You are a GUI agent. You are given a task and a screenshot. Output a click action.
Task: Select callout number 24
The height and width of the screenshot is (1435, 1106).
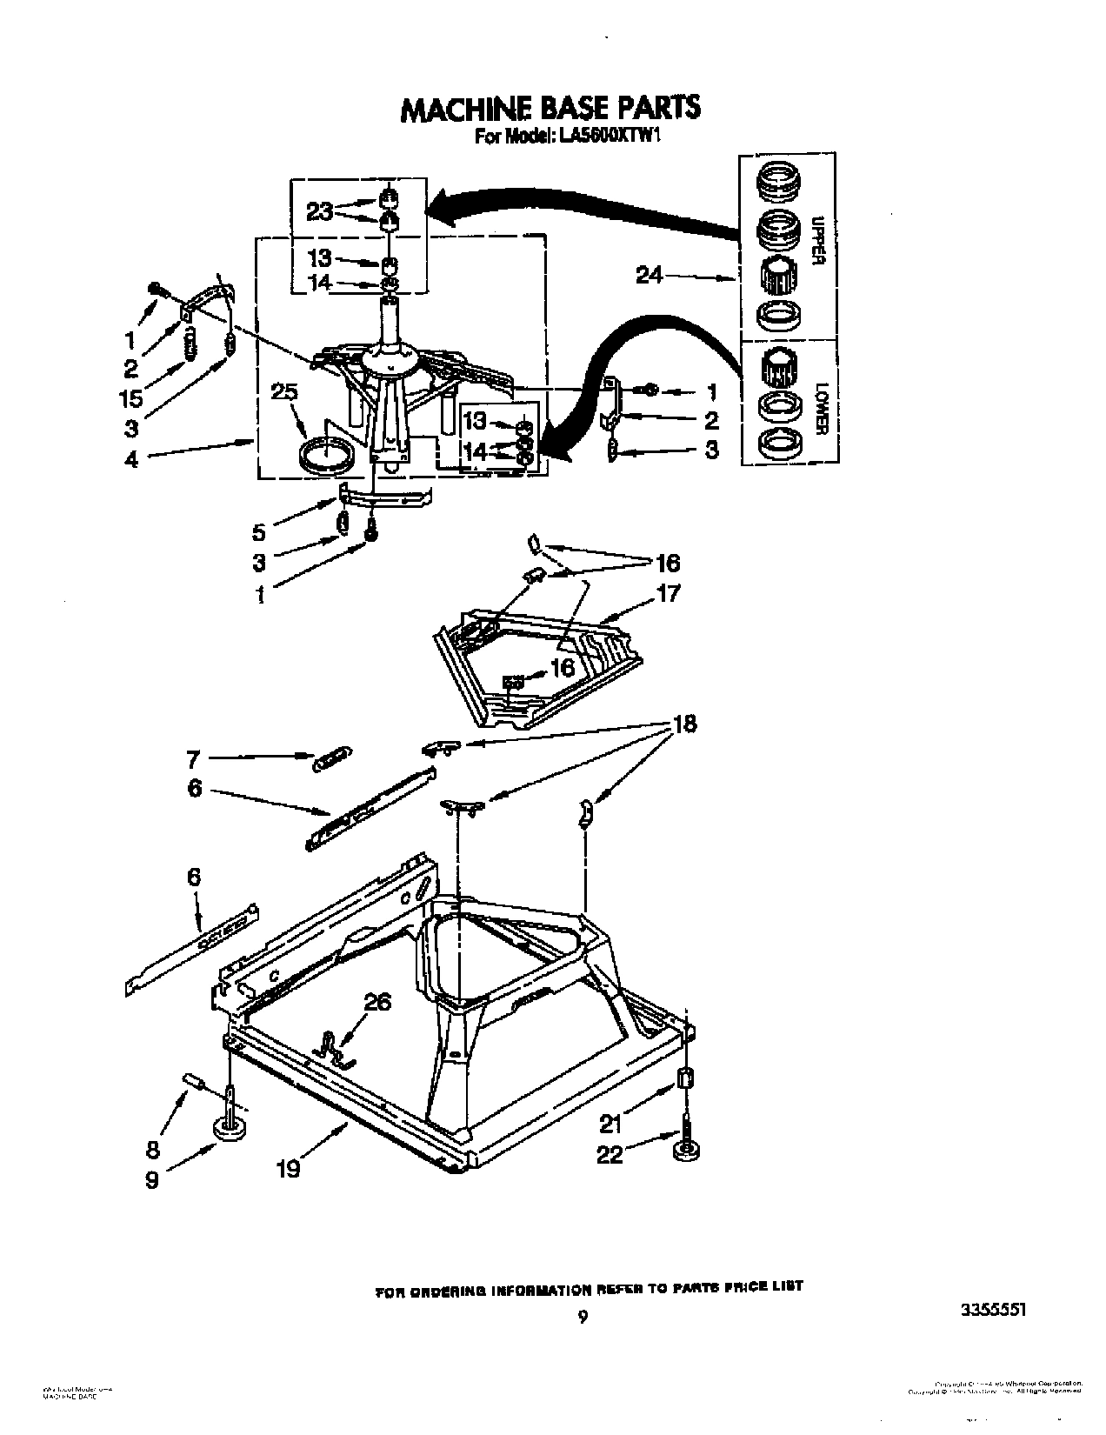click(x=649, y=277)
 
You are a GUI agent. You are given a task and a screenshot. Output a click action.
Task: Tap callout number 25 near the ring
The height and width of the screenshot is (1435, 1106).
click(x=283, y=393)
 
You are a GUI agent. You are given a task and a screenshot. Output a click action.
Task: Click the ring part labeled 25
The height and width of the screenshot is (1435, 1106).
click(x=328, y=456)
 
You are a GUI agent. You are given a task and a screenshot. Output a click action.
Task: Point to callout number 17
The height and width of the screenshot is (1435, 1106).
click(x=668, y=594)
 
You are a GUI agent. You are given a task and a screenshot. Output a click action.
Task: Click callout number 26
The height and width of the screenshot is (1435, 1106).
click(x=377, y=1003)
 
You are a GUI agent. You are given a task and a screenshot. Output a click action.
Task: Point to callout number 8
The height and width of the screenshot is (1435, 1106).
click(x=153, y=1150)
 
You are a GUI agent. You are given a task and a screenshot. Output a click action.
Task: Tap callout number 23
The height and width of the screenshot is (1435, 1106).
click(x=319, y=211)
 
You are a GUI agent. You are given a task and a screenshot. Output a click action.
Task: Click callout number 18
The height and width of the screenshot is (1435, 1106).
click(x=684, y=724)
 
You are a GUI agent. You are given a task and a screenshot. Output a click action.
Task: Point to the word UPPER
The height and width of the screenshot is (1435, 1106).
click(x=816, y=238)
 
